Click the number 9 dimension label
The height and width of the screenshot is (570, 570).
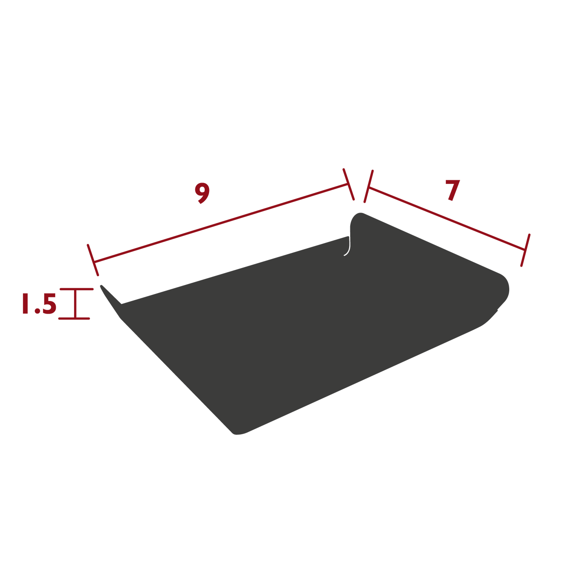coord(202,193)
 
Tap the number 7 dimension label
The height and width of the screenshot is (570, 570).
coord(452,190)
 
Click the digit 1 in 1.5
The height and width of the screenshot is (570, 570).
coord(26,304)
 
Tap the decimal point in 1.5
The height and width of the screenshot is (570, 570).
coord(37,312)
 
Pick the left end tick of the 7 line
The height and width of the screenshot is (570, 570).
coord(368,186)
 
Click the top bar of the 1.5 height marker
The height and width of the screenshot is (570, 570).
coord(77,290)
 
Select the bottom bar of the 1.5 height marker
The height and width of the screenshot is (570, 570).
coord(74,318)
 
